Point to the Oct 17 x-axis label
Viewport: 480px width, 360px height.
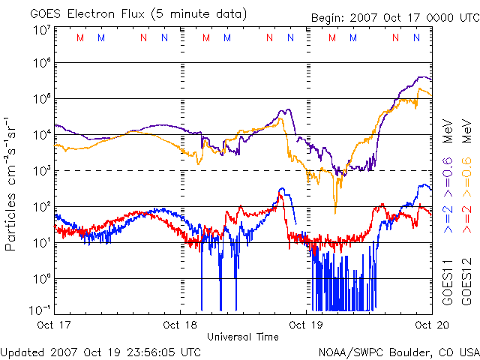54,324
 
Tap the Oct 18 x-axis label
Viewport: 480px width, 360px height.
180,324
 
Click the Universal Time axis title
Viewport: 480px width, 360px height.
243,337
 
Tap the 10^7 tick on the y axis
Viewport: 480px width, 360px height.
41,31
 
